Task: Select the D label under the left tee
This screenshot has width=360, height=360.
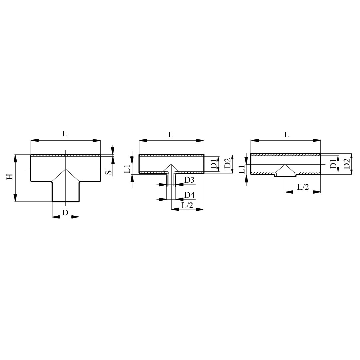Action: click(65, 213)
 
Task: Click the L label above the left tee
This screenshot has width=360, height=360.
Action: click(65, 134)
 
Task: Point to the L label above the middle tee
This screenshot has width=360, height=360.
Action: click(171, 135)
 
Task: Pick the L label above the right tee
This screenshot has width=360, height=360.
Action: click(286, 135)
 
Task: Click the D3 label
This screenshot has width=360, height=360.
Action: click(189, 180)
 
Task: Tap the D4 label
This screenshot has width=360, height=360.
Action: click(190, 195)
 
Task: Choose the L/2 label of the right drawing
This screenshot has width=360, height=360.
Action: click(303, 187)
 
